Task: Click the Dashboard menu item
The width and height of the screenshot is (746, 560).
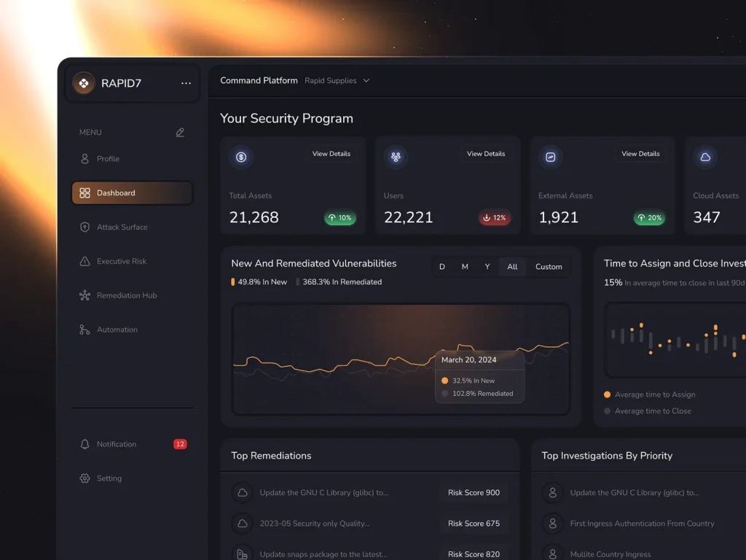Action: (132, 193)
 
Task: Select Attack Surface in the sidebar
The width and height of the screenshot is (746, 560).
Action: (122, 227)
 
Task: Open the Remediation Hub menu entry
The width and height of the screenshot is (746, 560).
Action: (126, 295)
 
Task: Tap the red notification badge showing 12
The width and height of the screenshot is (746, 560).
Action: (180, 444)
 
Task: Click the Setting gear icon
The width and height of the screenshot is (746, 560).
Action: (85, 478)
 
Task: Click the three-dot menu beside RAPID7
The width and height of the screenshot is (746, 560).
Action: (186, 83)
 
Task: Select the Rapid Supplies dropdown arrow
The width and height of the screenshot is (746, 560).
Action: (366, 81)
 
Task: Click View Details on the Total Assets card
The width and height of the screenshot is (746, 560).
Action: (331, 154)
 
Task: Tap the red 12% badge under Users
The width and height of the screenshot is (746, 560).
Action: (495, 218)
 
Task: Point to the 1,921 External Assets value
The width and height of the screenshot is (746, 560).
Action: (559, 217)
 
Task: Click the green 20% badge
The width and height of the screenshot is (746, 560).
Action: (649, 218)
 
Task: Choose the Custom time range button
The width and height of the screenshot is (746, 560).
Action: (549, 267)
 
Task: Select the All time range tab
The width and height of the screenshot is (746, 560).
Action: (512, 267)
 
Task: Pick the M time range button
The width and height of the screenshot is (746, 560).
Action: (465, 267)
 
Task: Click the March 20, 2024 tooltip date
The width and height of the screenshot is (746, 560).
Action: (468, 359)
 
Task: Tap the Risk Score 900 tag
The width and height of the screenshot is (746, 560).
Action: (474, 493)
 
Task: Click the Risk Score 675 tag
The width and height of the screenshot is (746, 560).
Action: (474, 524)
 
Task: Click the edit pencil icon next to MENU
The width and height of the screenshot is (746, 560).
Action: (180, 133)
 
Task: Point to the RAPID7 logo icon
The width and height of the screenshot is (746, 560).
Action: (84, 83)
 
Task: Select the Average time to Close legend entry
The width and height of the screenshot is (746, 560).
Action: (652, 411)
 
